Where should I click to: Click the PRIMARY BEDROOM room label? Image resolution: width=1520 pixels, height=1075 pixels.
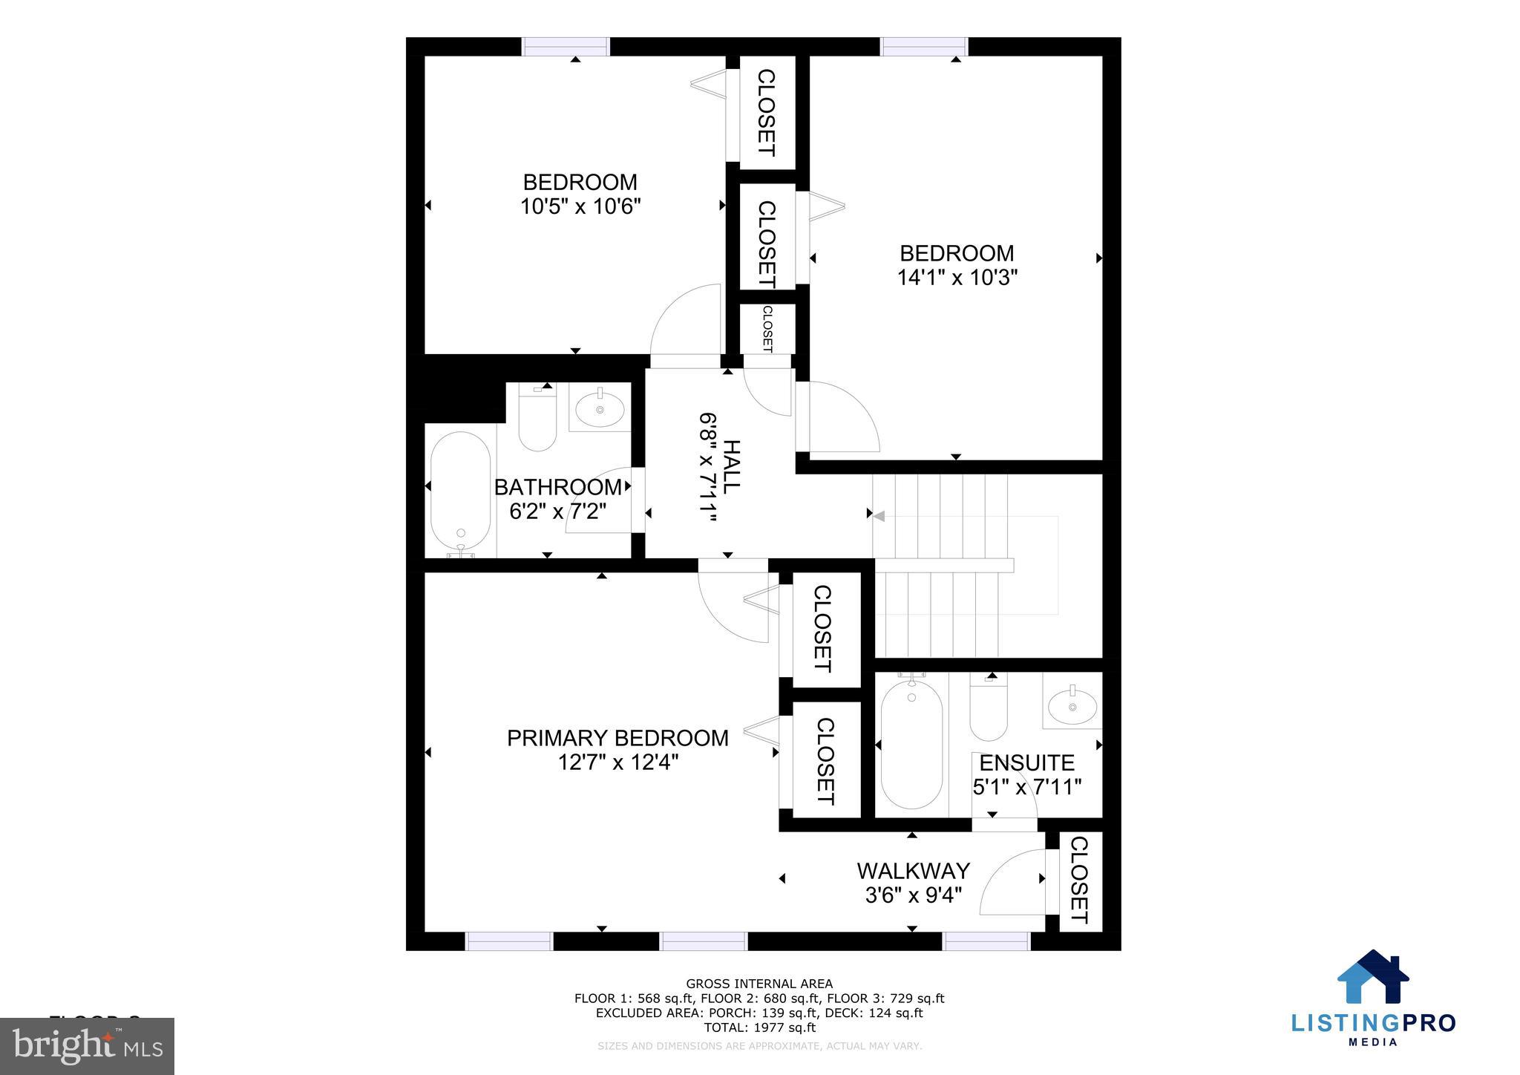617,738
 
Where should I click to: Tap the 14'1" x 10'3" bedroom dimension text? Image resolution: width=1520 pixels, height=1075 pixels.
957,278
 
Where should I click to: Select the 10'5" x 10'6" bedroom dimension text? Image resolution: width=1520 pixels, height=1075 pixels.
580,206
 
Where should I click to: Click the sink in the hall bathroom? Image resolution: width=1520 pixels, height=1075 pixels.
600,408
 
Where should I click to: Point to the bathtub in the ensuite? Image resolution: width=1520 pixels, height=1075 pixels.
911,744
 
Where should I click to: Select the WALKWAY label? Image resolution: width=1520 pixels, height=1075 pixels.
913,870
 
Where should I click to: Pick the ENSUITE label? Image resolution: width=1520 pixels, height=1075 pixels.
1026,762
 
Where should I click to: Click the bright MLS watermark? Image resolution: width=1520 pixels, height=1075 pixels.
88,1047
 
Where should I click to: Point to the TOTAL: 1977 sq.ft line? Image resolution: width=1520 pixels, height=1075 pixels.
759,1027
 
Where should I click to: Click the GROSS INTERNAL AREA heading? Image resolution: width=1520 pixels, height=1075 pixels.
759,984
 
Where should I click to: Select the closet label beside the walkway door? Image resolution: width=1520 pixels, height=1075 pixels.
1078,880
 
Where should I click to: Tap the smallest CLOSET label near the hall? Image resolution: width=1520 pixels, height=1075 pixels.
767,329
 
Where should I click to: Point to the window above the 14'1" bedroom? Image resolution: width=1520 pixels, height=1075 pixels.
924,47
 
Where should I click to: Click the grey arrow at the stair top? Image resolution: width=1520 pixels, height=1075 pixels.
879,516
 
